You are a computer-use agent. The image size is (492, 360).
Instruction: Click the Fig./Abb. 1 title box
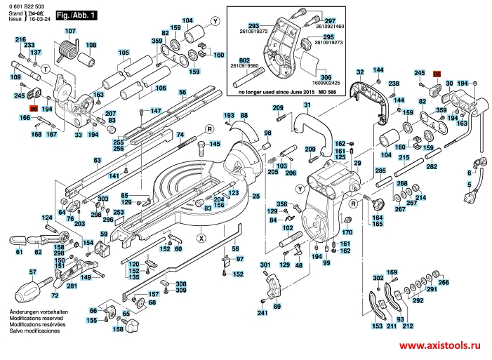[75, 14]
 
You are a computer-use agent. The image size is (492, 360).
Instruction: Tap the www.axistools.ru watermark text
[444, 346]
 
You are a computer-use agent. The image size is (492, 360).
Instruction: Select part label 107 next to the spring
[70, 32]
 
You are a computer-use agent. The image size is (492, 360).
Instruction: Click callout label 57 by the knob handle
[32, 272]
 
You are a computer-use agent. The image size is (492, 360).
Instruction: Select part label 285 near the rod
[380, 171]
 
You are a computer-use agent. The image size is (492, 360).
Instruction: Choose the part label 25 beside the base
[256, 196]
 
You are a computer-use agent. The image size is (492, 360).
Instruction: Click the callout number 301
[265, 265]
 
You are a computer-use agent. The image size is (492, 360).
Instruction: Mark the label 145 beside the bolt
[214, 144]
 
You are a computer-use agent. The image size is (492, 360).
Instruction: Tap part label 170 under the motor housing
[346, 231]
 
